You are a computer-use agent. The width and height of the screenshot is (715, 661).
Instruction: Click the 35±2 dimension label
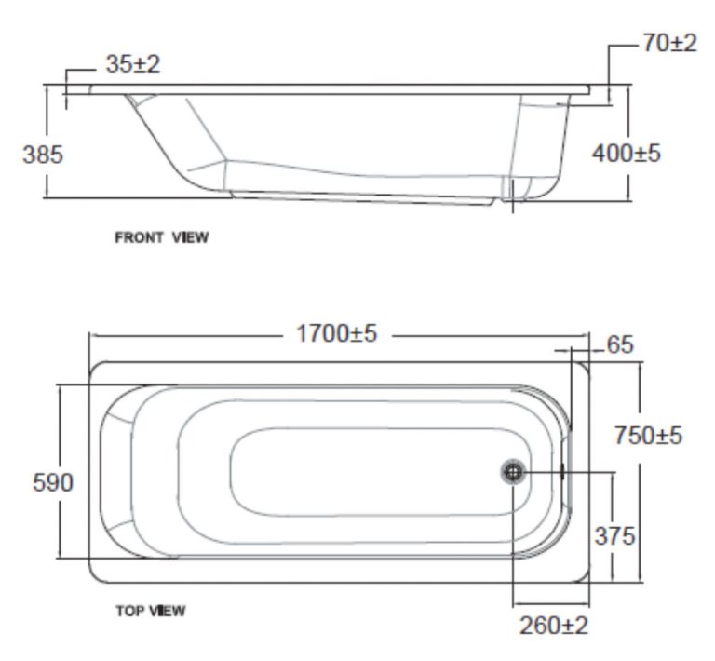tap(133, 64)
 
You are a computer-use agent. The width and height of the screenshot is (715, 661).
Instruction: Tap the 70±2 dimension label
tap(668, 43)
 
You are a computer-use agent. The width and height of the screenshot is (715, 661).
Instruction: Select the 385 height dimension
tap(43, 155)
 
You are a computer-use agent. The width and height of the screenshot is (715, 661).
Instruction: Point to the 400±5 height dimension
tap(626, 154)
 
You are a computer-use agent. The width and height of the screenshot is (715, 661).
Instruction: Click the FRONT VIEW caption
tap(162, 237)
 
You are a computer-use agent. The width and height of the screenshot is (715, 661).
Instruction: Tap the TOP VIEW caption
tap(151, 612)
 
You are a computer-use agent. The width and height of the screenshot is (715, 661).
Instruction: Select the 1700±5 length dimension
tap(337, 334)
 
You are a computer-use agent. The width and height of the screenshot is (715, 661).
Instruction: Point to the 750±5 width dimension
tap(648, 435)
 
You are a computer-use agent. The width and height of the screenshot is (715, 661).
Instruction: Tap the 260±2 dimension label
tap(555, 626)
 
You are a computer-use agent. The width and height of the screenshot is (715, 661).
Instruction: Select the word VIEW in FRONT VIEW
tap(190, 237)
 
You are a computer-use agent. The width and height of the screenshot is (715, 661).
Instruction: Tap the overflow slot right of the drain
tap(563, 472)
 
